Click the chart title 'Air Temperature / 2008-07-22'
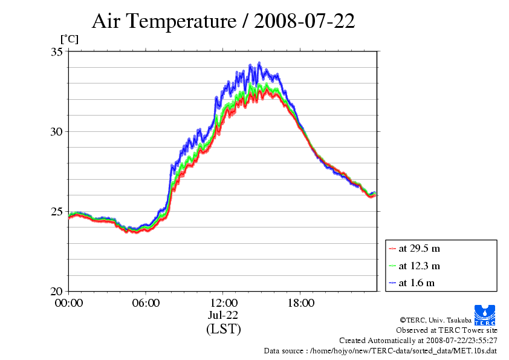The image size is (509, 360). tap(223, 22)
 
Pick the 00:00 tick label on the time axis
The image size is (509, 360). tap(69, 303)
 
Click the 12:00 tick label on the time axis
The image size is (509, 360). tap(223, 303)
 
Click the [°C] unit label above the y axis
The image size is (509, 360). tap(69, 39)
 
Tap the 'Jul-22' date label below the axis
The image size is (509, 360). tap(223, 315)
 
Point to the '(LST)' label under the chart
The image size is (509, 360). tap(223, 329)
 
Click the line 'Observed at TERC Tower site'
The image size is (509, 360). tap(447, 330)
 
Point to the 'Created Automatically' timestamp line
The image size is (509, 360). tap(418, 341)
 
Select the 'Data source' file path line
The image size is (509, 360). tap(380, 351)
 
